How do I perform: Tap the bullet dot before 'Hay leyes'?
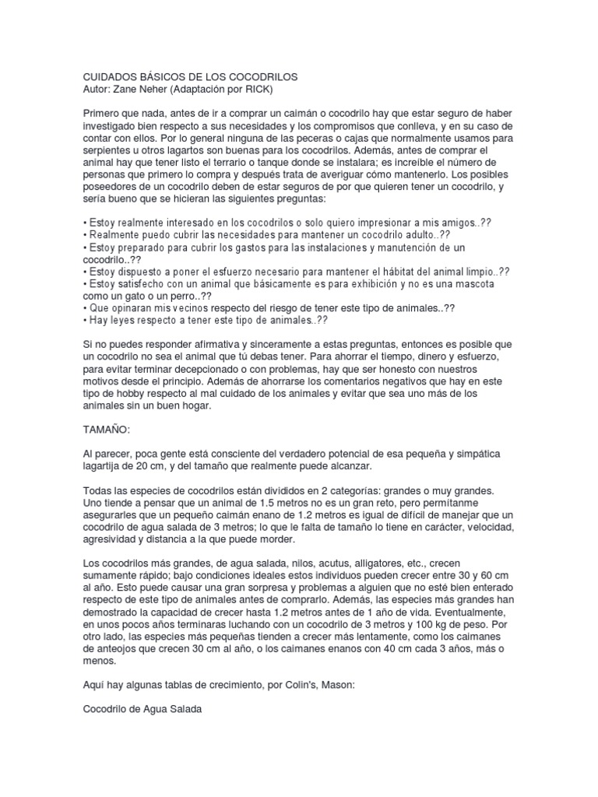point(85,319)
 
